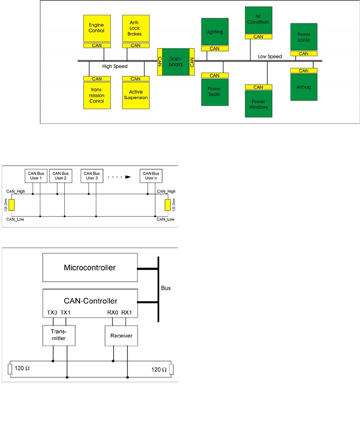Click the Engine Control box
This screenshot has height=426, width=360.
pos(97,28)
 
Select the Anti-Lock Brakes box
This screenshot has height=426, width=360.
pos(136,28)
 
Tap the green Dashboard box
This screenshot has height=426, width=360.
pos(176,62)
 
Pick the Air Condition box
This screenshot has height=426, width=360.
pos(258,19)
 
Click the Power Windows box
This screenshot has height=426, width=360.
pos(258,104)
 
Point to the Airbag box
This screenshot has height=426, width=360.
pos(304,87)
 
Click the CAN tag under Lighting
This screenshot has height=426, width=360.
pos(215,49)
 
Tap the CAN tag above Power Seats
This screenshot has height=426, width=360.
pos(215,75)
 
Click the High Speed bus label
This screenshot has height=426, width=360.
pos(115,66)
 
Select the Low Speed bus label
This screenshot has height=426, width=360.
pos(270,56)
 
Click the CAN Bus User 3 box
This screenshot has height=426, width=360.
pos(92,176)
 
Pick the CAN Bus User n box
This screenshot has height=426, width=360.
pos(151,176)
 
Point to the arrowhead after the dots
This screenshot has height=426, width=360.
pos(128,177)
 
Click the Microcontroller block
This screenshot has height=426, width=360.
pos(90,268)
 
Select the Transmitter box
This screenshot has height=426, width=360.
pos(59,335)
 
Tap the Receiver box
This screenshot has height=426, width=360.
pos(121,336)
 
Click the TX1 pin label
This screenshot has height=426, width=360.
pos(66,313)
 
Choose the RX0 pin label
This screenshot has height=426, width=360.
pos(112,313)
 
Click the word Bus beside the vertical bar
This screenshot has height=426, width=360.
pos(166,288)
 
